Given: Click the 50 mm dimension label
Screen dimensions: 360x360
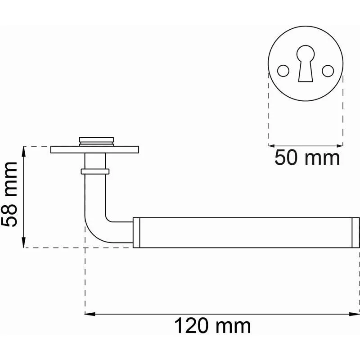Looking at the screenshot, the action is (307, 157).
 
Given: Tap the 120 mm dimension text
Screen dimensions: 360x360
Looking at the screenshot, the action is (212, 326).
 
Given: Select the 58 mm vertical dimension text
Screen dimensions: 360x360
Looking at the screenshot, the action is (9, 194).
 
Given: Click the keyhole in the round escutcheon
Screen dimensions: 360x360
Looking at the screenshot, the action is (306, 63).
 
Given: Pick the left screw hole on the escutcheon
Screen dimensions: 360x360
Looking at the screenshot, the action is (283, 71).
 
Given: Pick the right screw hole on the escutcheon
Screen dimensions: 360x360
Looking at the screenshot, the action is (328, 71).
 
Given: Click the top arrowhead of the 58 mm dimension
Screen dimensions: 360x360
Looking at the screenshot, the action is (23, 151).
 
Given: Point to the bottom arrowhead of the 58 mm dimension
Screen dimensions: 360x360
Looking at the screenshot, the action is (23, 243).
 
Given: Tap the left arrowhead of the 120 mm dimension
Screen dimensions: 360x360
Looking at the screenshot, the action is (90, 314).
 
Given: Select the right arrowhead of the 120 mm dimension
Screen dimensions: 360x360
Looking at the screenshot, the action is (354, 314).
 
